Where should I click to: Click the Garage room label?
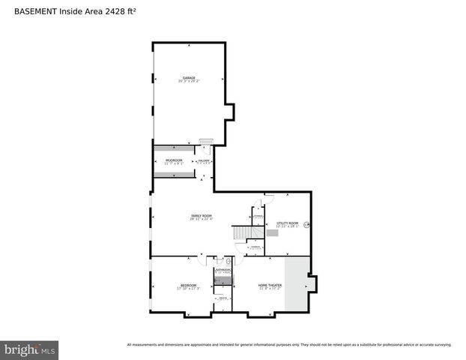(x=188, y=78)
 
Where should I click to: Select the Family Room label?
(x=201, y=216)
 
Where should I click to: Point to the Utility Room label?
(x=287, y=223)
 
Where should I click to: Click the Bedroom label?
(x=188, y=285)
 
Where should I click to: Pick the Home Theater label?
(x=270, y=285)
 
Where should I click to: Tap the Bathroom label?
(x=223, y=270)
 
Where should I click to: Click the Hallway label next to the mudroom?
(x=203, y=160)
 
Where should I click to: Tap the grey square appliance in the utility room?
(x=273, y=233)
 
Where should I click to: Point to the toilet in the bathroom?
(x=229, y=262)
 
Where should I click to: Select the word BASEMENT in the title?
(x=35, y=12)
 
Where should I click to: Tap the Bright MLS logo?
(x=29, y=350)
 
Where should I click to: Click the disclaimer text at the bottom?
(x=288, y=345)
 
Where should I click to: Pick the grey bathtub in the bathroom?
(x=223, y=281)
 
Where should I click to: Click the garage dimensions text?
(x=188, y=82)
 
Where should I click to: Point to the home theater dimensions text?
(x=270, y=289)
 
